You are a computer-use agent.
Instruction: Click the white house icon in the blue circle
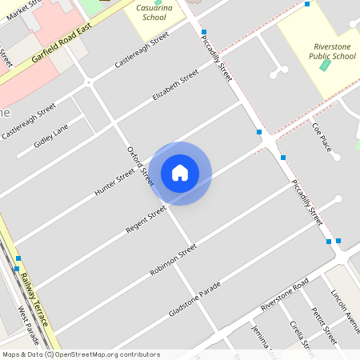[180, 173]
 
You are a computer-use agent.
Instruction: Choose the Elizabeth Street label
[174, 87]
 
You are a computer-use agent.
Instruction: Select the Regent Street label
[146, 219]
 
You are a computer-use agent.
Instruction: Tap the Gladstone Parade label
[194, 298]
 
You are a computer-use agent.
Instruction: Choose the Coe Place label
[322, 136]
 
